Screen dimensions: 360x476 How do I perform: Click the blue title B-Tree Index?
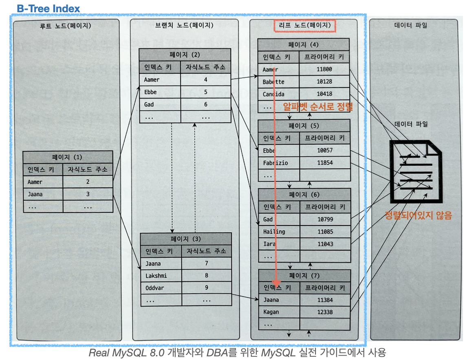coord(48,9)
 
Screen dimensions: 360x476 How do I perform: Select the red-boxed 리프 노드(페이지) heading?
coord(304,26)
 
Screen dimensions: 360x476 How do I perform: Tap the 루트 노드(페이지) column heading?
coord(65,26)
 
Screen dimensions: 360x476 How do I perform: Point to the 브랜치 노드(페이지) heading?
coord(184,26)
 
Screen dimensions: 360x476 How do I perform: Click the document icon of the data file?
coord(414,171)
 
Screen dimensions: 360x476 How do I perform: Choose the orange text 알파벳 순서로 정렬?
coord(318,107)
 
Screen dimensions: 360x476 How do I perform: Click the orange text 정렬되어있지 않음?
coord(419,215)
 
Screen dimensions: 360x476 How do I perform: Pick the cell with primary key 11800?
coord(324,70)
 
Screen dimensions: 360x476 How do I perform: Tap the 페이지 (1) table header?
coord(67,157)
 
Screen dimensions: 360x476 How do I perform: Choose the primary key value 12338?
coord(325,312)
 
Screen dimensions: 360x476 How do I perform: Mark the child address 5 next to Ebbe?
coord(206,92)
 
